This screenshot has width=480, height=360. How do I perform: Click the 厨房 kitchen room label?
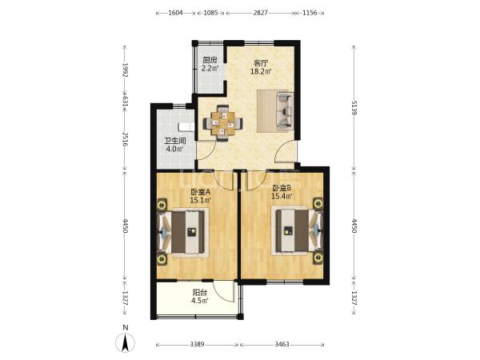click(210, 60)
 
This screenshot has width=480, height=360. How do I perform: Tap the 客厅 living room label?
click(261, 63)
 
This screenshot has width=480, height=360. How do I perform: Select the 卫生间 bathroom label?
click(174, 141)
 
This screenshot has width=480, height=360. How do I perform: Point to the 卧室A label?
click(201, 192)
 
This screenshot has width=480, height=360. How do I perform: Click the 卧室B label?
click(282, 187)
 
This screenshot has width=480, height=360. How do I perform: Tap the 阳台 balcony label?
click(199, 293)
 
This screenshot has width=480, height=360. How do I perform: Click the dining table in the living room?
click(223, 123)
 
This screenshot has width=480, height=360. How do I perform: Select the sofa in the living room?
click(285, 110)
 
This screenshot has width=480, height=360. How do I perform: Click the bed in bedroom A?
click(182, 232)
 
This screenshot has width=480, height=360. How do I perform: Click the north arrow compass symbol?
click(125, 342)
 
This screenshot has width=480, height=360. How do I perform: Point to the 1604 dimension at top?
click(176, 13)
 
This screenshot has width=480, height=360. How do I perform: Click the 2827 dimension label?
click(261, 13)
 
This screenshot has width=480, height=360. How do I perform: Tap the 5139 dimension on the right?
click(354, 107)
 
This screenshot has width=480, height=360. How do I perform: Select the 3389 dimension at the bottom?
click(197, 344)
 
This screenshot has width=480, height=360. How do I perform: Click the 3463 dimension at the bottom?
click(282, 344)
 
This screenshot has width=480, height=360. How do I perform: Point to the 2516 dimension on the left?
click(125, 139)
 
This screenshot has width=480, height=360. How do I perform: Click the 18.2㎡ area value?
click(261, 72)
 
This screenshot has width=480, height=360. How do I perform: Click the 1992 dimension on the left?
click(125, 70)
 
